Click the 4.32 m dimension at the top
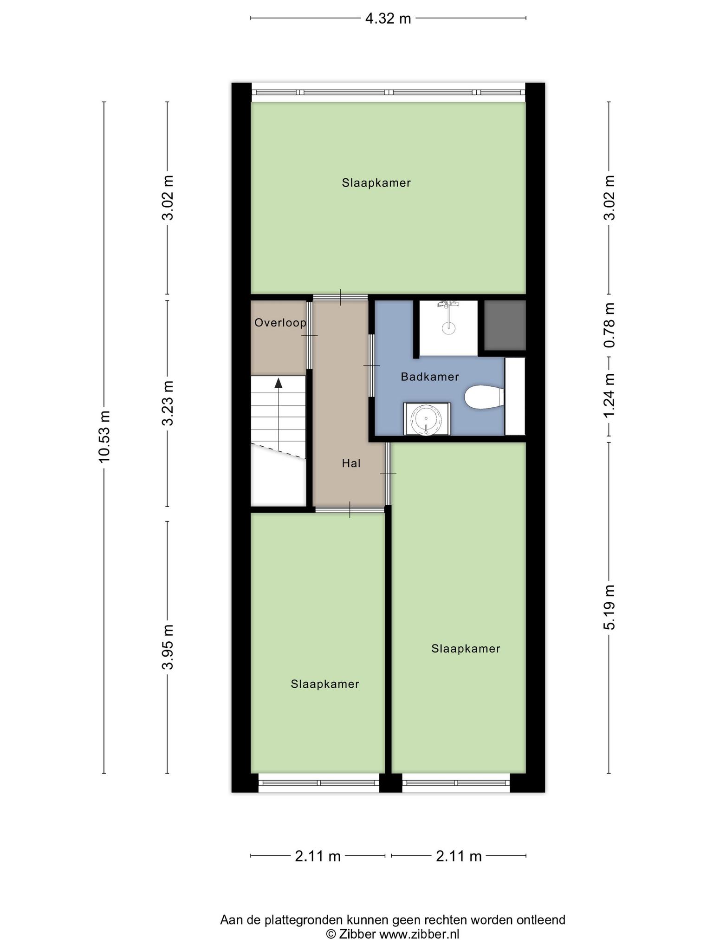click(x=388, y=19)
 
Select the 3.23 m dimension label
click(x=168, y=403)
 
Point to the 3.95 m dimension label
click(x=168, y=646)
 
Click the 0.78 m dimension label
click(x=609, y=325)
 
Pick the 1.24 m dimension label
click(x=609, y=395)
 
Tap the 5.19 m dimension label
click(x=609, y=607)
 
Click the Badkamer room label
click(x=430, y=377)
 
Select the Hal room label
click(x=351, y=463)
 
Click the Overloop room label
click(x=280, y=322)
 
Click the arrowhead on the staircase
click(x=279, y=383)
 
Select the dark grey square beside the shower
click(x=505, y=325)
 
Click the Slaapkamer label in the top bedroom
click(x=376, y=183)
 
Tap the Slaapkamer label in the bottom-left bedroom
click(x=325, y=684)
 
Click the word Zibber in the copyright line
click(x=357, y=934)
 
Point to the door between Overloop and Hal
click(x=310, y=335)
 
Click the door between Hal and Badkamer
click(x=371, y=366)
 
